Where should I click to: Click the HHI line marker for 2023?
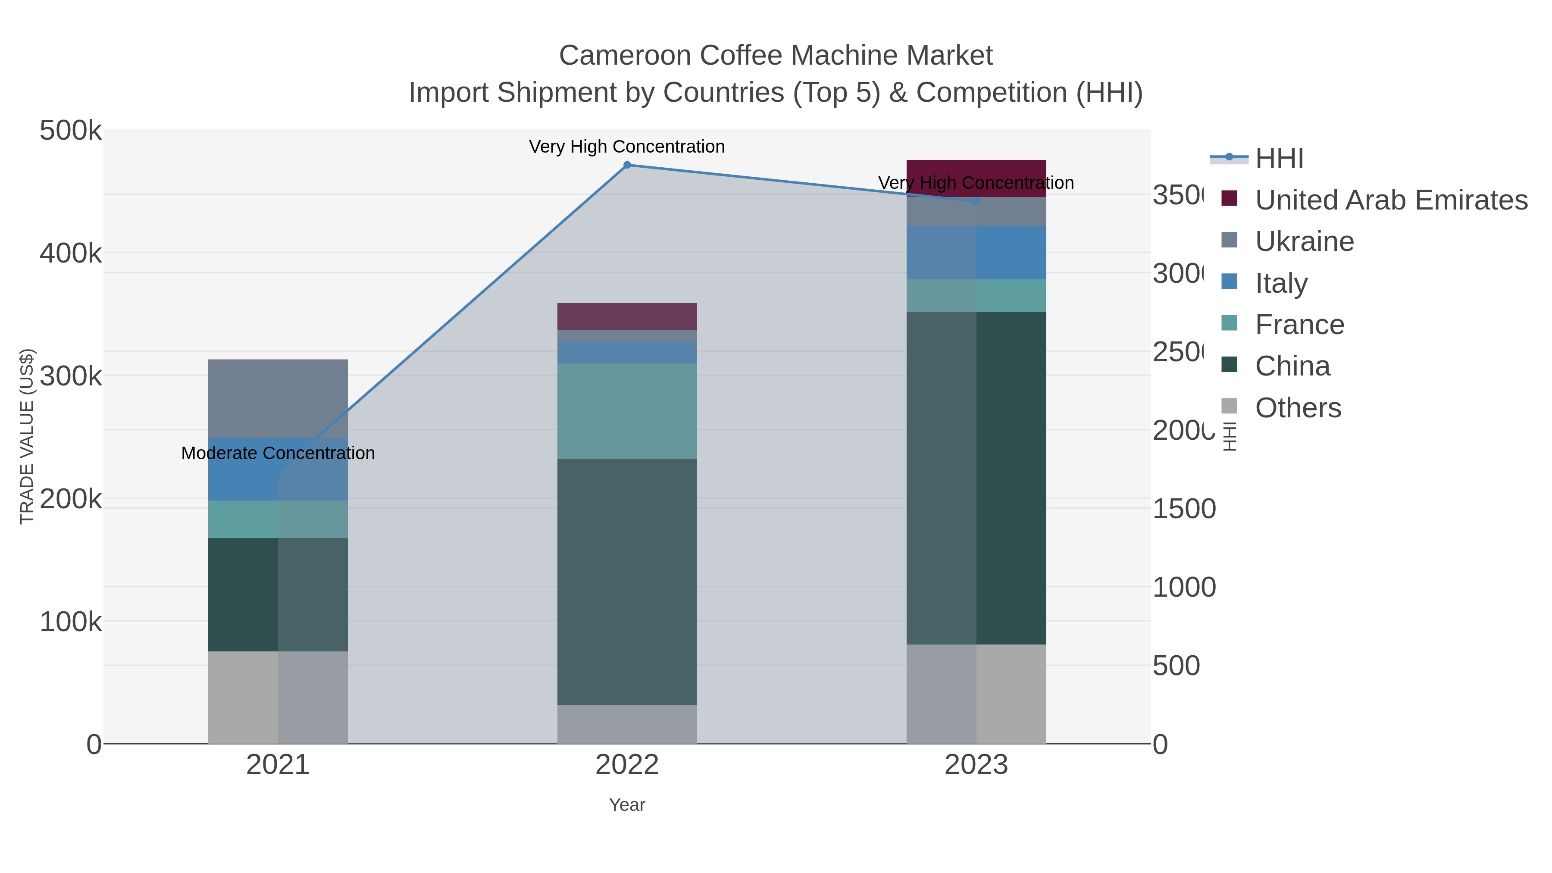(x=976, y=202)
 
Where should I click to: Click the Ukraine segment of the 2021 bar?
(x=278, y=399)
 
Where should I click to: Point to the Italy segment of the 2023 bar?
(x=976, y=253)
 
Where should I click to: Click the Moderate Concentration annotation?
(x=278, y=453)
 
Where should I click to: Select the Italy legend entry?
(x=1281, y=283)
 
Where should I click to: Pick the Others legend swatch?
(x=1229, y=407)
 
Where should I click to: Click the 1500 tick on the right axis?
(x=1184, y=509)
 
